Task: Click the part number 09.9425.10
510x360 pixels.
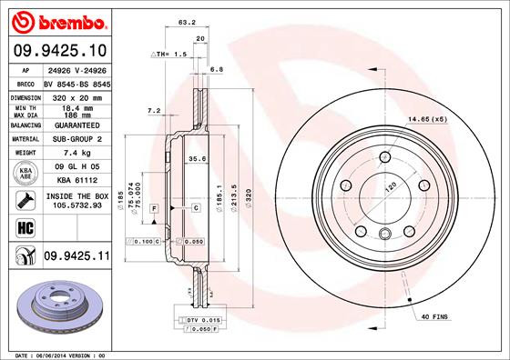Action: coord(58,50)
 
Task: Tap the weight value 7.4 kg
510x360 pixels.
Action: coord(76,154)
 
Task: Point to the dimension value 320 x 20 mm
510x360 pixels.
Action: coord(76,95)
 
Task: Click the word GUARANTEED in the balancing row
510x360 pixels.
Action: coord(76,125)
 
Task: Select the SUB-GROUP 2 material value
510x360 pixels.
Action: coord(76,139)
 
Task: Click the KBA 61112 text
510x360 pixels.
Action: coord(76,181)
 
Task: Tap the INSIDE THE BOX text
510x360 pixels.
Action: coord(76,195)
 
